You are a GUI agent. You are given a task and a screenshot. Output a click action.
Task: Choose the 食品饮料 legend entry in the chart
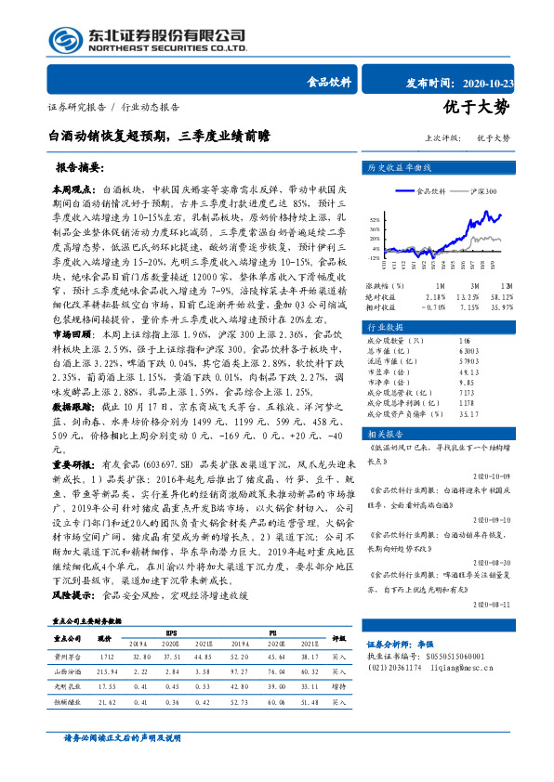[x=430, y=190]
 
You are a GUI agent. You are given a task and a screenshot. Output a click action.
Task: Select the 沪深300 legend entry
[x=484, y=190]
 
